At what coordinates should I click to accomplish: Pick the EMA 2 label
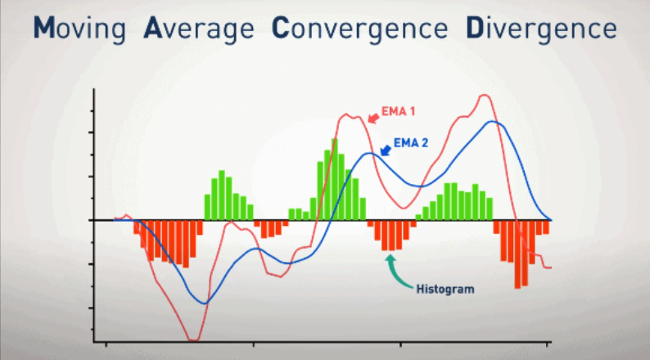point(411,142)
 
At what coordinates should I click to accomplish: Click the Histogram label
point(445,289)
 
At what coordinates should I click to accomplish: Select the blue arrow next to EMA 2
point(385,147)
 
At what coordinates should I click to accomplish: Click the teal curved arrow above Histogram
point(396,268)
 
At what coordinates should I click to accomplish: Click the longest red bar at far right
point(517,254)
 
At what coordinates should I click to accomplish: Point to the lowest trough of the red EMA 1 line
point(193,339)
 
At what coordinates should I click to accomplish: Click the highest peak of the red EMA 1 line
point(485,96)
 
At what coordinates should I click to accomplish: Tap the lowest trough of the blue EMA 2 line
point(204,303)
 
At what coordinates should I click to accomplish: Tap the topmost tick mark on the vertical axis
point(95,110)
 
